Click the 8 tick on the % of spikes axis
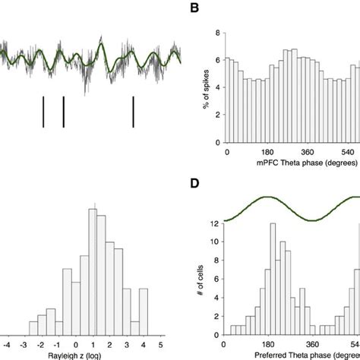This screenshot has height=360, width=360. tap(219, 33)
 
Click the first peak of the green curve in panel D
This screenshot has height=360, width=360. tap(268, 197)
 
